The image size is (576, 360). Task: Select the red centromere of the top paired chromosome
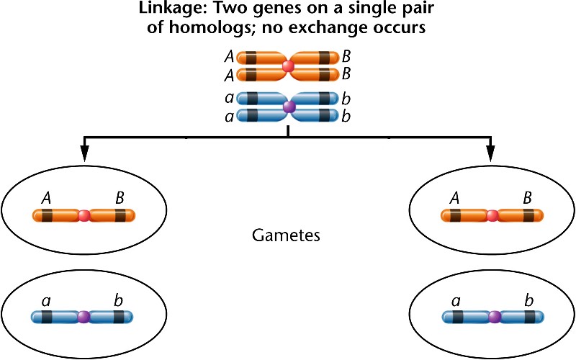[x=288, y=66]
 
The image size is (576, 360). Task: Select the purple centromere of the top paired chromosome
[x=289, y=107]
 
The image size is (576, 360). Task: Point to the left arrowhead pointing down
[x=84, y=153]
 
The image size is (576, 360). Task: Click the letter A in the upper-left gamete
[x=47, y=196]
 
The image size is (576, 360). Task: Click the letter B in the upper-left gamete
[x=119, y=196]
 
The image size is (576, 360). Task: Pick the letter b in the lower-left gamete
[x=118, y=297]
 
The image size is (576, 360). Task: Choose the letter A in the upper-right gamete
[x=455, y=196]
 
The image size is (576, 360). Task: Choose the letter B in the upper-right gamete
[x=528, y=196]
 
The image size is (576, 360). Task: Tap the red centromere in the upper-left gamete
[x=84, y=215]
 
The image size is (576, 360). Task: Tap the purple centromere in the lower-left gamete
[x=84, y=316]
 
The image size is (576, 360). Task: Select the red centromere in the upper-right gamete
[x=492, y=215]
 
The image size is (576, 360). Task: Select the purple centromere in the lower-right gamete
[x=493, y=316]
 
